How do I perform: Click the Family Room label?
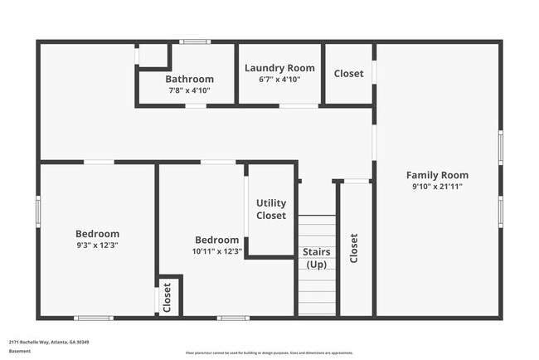437,175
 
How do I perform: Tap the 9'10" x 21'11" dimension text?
437,187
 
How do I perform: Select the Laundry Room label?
279,68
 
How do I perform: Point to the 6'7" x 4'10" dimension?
279,80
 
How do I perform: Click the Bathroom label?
189,79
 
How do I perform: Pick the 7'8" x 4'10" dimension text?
189,90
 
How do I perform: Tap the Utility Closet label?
271,209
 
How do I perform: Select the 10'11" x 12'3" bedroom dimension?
217,251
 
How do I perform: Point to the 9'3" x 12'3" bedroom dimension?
97,246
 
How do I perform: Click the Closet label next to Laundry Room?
348,74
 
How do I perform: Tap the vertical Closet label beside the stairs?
355,248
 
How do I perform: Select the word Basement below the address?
20,351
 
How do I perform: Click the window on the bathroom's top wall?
196,41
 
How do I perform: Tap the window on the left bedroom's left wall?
38,211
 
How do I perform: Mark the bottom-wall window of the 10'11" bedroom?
233,318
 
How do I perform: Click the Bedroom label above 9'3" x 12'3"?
97,234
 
